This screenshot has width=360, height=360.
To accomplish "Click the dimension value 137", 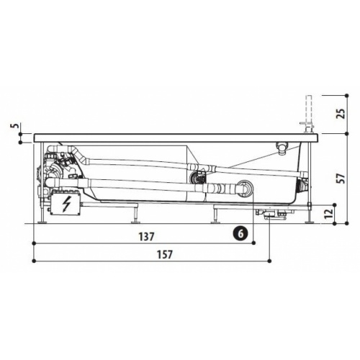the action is (146, 237).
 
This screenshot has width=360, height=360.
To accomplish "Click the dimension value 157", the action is (165, 254).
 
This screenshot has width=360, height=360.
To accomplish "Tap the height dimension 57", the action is (341, 178).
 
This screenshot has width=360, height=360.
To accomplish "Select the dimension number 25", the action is (341, 114).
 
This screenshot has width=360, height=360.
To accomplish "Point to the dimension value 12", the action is (330, 213).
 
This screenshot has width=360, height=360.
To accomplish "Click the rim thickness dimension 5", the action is (14, 125).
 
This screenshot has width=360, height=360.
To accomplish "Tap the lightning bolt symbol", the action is (66, 204).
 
